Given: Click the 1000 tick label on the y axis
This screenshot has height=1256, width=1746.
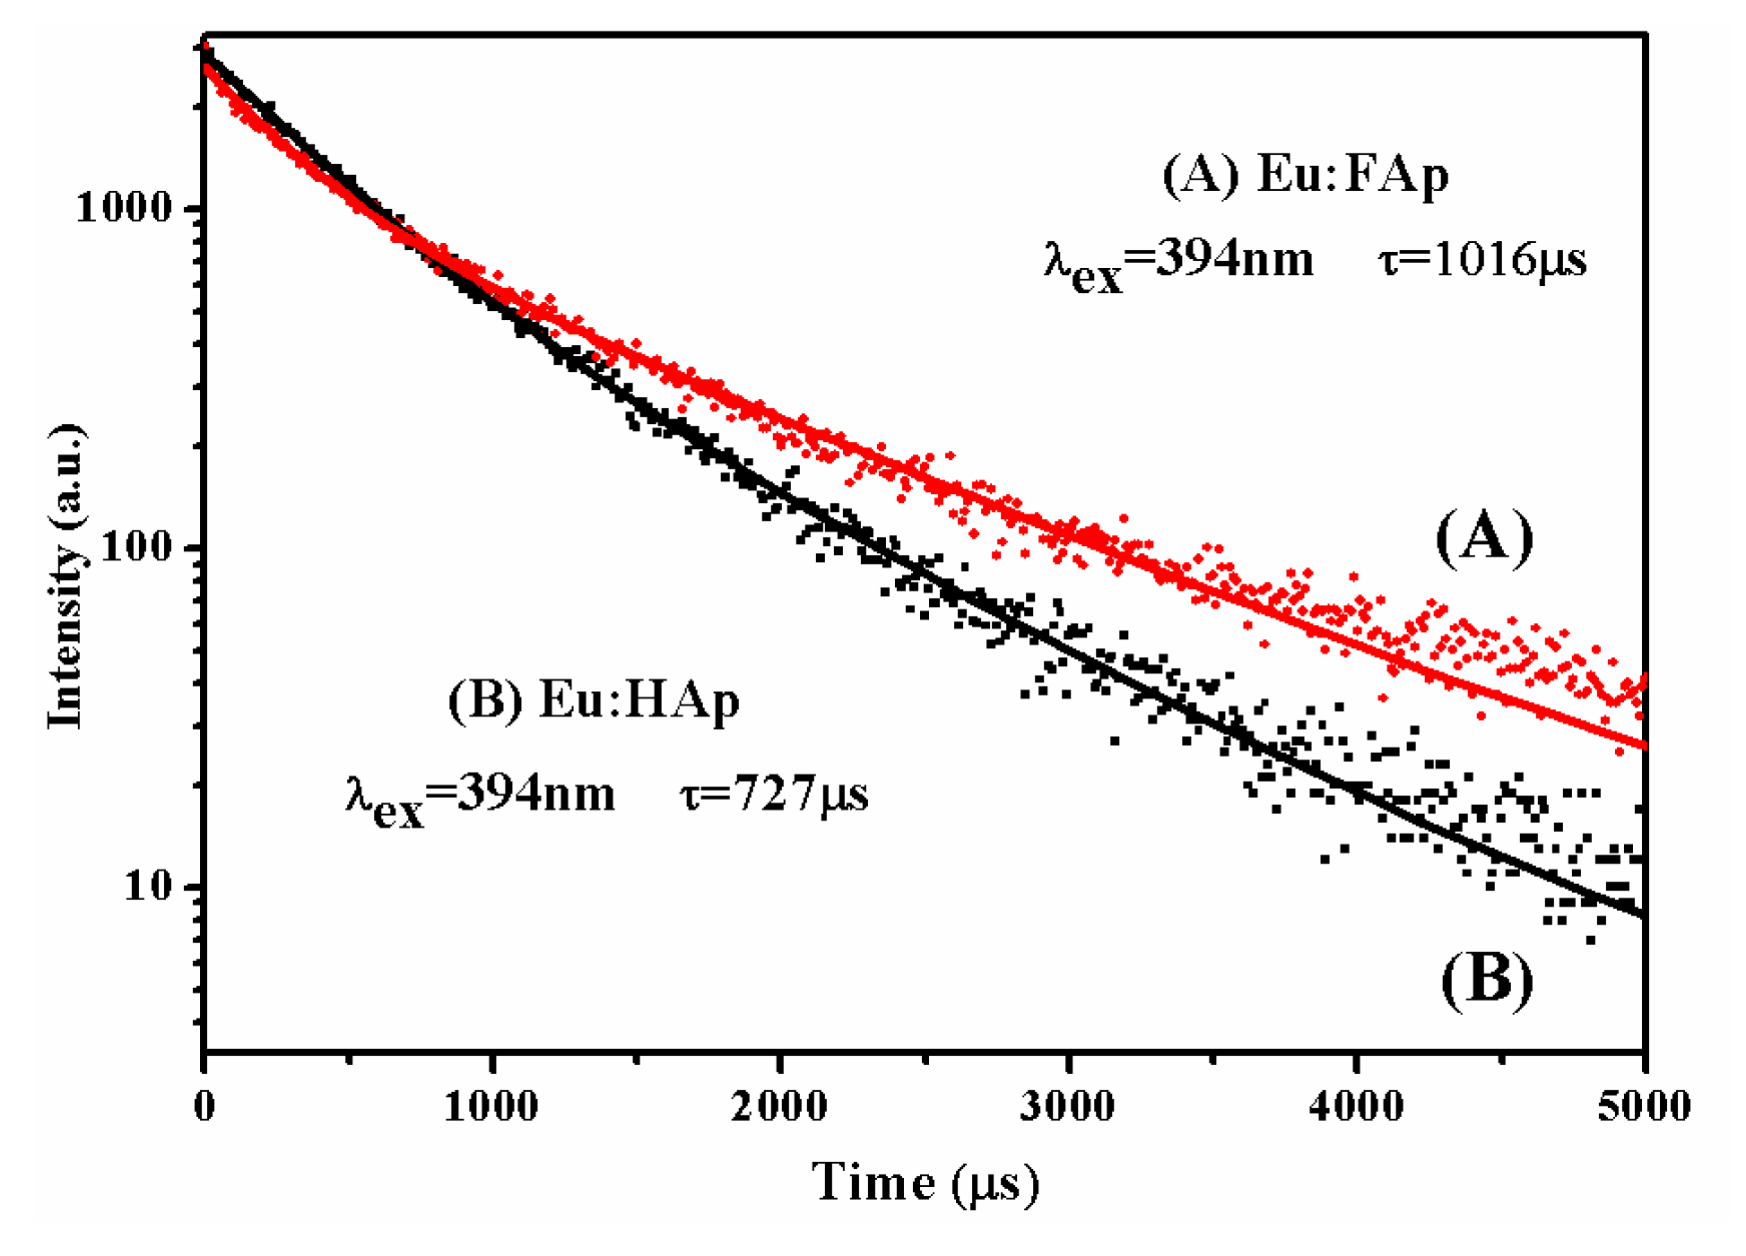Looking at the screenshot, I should pos(124,208).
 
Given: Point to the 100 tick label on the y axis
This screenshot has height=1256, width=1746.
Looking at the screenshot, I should pos(136,546).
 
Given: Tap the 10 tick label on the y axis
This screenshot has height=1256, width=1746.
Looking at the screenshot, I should pos(148,886).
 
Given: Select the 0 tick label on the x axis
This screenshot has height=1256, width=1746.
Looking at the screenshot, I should pos(204,1105).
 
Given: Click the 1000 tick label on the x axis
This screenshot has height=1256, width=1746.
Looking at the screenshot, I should pos(491,1105).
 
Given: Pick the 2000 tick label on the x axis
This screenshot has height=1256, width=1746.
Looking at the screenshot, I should pos(779,1105).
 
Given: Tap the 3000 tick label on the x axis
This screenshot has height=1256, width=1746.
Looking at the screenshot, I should pos(1067,1105).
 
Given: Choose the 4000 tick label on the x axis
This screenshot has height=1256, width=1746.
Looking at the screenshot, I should pos(1356,1105).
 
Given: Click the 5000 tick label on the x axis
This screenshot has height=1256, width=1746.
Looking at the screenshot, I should pos(1643,1105).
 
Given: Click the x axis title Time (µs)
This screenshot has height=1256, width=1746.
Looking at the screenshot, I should pos(925,1183).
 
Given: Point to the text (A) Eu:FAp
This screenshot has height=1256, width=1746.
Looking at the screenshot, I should pos(1305,174).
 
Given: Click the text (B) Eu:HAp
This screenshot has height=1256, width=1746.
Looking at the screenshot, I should pos(594,699).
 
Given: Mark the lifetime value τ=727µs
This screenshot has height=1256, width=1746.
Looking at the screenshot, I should pos(775,793).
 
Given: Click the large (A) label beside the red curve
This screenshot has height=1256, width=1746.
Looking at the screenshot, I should pos(1484,538).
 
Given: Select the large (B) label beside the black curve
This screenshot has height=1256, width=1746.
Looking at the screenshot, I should pos(1487,979).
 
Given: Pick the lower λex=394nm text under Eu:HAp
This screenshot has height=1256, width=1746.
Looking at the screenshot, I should pos(481,798).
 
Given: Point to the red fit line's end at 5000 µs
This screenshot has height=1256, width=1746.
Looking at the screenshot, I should pos(1643,745).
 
